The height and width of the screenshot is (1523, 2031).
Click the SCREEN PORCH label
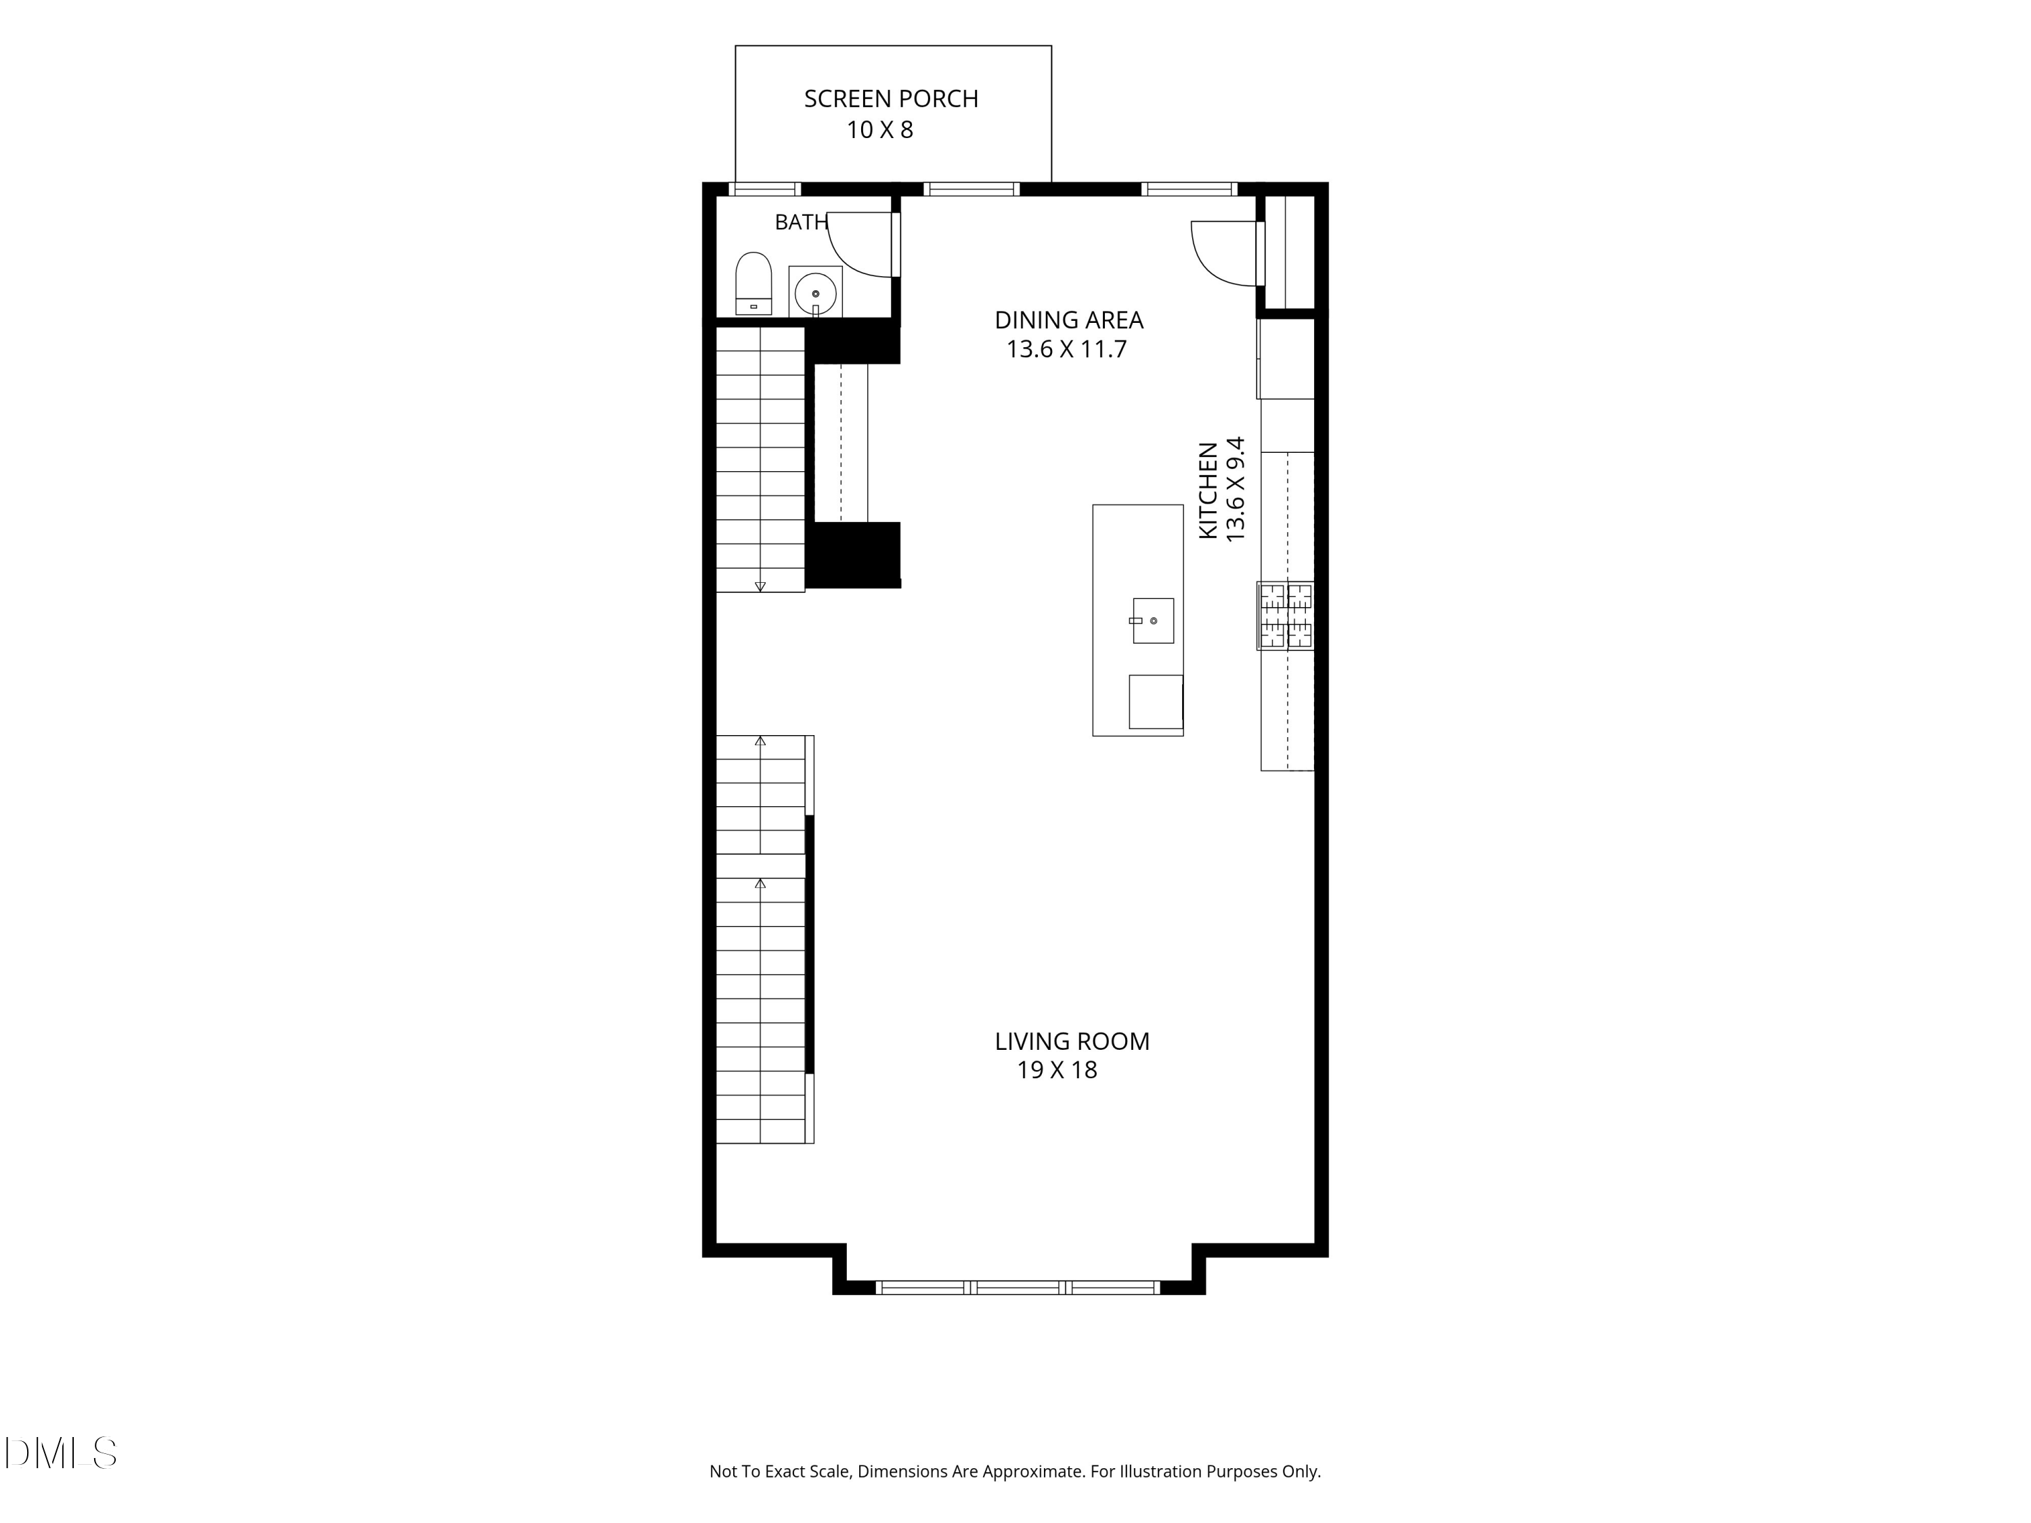coord(891,99)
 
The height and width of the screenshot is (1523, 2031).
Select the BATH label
coord(802,222)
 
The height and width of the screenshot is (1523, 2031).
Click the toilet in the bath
coord(754,284)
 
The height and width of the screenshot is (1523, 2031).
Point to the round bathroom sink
coord(815,294)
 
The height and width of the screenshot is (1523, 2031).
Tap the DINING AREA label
coord(1069,320)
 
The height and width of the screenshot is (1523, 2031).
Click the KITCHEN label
coord(1208,490)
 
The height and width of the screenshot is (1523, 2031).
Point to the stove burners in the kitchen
coord(1286,616)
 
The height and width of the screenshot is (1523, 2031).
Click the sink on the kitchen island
coord(1153,621)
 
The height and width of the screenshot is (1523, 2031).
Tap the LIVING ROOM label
coord(1072,1041)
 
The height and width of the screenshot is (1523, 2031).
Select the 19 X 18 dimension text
coord(1057,1070)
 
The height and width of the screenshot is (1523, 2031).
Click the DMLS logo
coord(61,1453)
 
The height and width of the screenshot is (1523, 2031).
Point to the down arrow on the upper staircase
coord(760,586)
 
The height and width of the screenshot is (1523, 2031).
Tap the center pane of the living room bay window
coord(1019,1287)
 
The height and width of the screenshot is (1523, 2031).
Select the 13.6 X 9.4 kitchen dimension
coord(1236,489)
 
